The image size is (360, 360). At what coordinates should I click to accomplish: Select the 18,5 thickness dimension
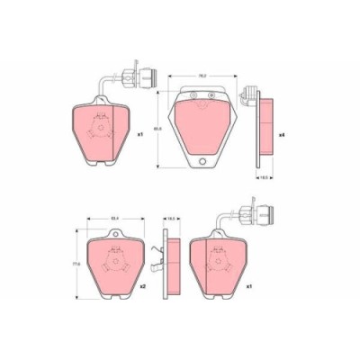(x=266, y=178)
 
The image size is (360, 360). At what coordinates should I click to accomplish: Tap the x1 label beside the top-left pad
(x=140, y=135)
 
